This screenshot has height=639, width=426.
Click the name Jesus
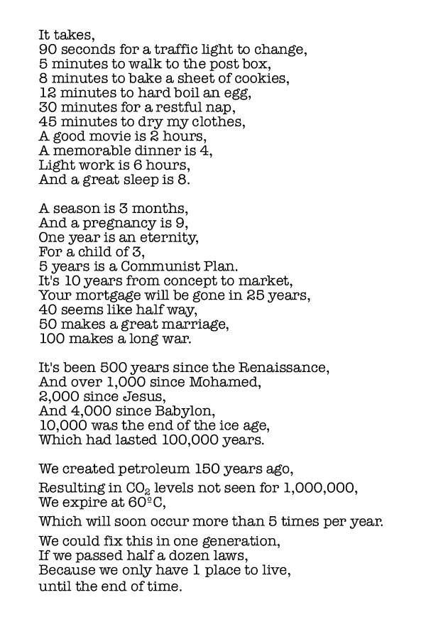139,396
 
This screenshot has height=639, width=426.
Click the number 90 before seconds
48,50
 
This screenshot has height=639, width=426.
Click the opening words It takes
66,35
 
